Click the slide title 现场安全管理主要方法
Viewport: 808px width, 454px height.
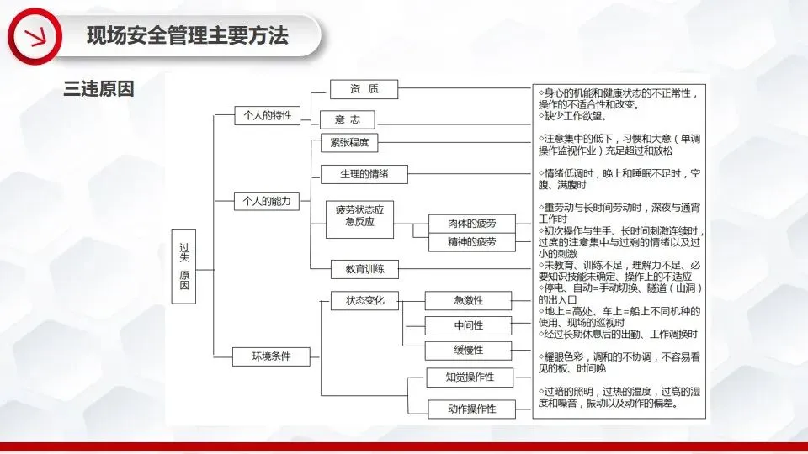pyautogui.click(x=187, y=36)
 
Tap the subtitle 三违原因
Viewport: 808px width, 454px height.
pyautogui.click(x=98, y=89)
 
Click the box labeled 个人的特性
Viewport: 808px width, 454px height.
pyautogui.click(x=267, y=115)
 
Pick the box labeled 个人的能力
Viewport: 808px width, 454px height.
pyautogui.click(x=267, y=200)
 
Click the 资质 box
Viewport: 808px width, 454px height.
pyautogui.click(x=364, y=89)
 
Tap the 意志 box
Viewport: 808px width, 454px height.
pyautogui.click(x=347, y=119)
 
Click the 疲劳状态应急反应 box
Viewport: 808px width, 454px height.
pyautogui.click(x=359, y=216)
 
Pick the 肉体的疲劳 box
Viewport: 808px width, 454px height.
pyautogui.click(x=471, y=224)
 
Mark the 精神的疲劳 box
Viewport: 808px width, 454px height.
pyautogui.click(x=471, y=242)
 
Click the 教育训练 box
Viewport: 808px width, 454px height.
pyautogui.click(x=364, y=269)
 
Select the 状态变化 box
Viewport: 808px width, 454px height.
pyautogui.click(x=364, y=300)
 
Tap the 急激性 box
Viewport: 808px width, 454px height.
pyautogui.click(x=468, y=301)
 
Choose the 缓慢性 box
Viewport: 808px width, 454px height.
pyautogui.click(x=468, y=350)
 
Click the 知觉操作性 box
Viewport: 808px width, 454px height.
pyautogui.click(x=469, y=377)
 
